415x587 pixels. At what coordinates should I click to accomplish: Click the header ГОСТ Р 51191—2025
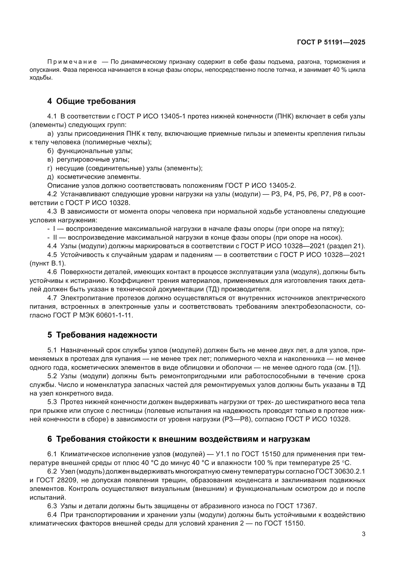[x=331, y=42]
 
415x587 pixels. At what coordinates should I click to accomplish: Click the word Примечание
[x=72, y=62]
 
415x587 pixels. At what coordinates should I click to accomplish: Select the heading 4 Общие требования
[x=91, y=101]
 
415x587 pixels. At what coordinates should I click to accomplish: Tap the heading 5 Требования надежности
[x=102, y=335]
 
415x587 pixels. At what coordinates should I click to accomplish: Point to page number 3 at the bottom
[x=363, y=534]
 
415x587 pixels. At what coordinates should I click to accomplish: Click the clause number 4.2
[x=52, y=194]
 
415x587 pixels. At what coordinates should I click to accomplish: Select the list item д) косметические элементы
[x=94, y=177]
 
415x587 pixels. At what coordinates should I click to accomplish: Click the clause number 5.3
[x=52, y=402]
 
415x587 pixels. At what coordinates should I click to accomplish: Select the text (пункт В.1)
[x=48, y=263]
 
